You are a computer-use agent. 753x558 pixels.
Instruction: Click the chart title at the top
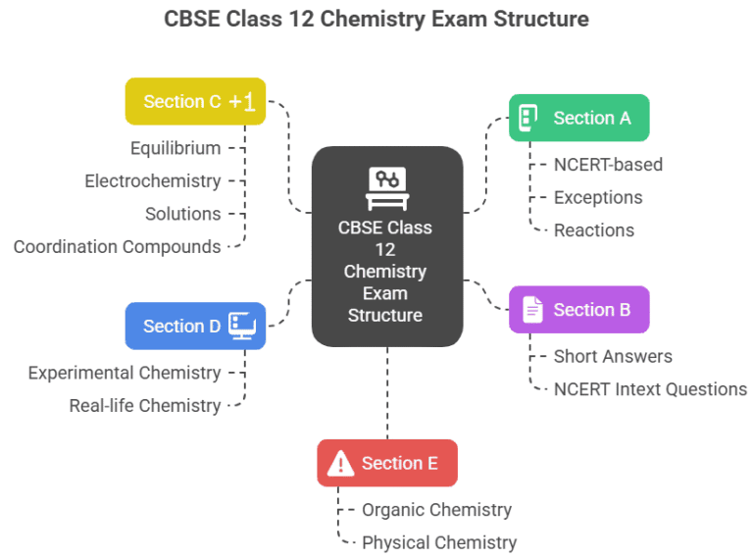(376, 19)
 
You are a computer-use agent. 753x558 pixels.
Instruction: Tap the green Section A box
(578, 118)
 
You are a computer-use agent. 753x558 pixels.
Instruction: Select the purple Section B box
(578, 310)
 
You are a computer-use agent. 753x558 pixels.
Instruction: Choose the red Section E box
(386, 463)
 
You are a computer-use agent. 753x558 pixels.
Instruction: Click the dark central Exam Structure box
(386, 247)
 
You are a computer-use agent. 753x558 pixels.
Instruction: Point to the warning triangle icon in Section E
(340, 463)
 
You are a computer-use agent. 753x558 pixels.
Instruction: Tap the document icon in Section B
(532, 310)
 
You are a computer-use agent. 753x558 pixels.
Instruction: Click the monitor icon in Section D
(241, 327)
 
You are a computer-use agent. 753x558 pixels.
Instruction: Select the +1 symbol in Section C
(242, 102)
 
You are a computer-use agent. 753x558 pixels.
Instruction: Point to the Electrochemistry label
(152, 181)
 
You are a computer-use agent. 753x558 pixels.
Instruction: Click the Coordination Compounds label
(117, 247)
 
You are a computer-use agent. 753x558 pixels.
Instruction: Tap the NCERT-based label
(608, 165)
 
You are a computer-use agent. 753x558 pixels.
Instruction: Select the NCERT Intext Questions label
(650, 389)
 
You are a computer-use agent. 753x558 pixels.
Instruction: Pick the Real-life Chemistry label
(144, 406)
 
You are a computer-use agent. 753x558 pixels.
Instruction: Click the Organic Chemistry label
(436, 510)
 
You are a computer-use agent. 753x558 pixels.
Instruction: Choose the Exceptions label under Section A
(598, 198)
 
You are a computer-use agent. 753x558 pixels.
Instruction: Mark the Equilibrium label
(176, 148)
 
